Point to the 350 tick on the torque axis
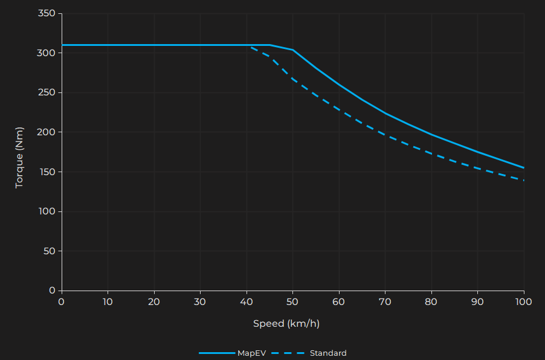click(x=47, y=14)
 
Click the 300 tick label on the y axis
click(x=47, y=53)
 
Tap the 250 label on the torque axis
click(x=47, y=93)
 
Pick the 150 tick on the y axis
click(x=47, y=172)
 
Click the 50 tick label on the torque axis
click(x=49, y=251)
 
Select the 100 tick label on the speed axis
click(x=523, y=301)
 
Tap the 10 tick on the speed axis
click(x=108, y=301)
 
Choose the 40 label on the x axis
click(x=247, y=301)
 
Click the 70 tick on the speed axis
click(x=385, y=301)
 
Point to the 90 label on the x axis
click(x=477, y=301)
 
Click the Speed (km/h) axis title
click(x=286, y=324)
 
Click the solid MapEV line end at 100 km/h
click(x=523, y=168)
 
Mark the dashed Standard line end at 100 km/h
click(x=523, y=180)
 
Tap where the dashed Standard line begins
click(x=251, y=47)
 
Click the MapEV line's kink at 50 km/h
click(x=292, y=50)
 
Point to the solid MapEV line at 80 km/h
click(x=431, y=134)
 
